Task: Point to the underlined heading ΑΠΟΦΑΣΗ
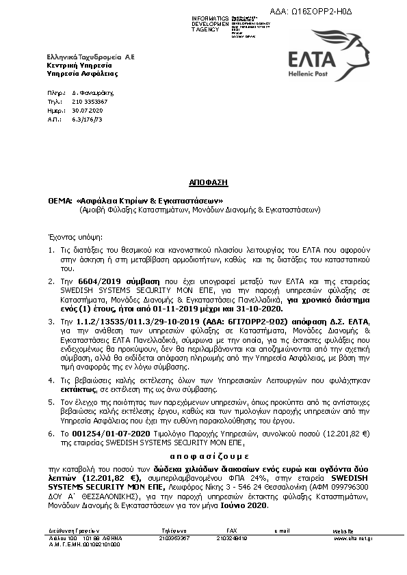point(209,182)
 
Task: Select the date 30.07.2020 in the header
point(86,109)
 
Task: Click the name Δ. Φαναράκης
point(89,92)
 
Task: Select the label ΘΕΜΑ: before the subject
point(60,201)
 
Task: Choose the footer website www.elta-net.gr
point(353,538)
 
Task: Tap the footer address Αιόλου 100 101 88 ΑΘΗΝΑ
point(75,538)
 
